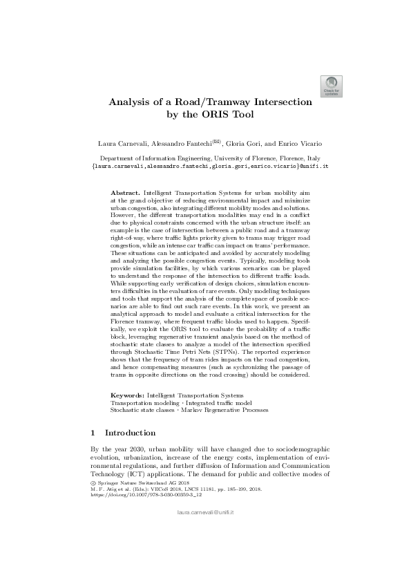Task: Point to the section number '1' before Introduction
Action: (93, 433)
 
